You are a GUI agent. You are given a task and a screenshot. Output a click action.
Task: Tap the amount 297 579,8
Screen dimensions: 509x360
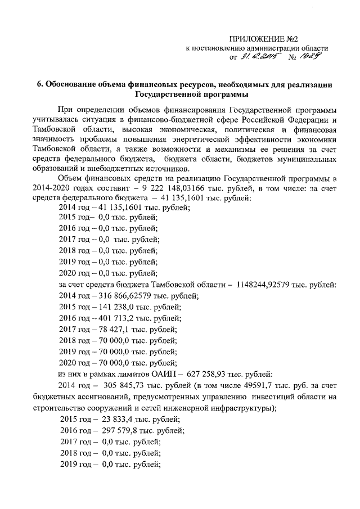click(123, 430)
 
